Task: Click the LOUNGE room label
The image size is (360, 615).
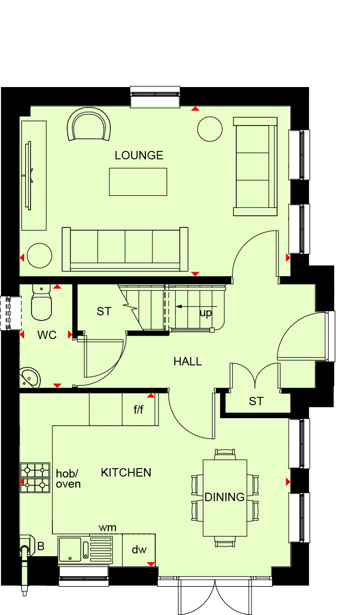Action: click(x=139, y=156)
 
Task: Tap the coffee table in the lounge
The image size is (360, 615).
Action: click(x=138, y=182)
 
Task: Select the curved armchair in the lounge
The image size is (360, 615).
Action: click(x=88, y=125)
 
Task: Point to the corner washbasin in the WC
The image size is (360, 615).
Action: click(x=29, y=378)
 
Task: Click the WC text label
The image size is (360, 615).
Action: click(x=47, y=335)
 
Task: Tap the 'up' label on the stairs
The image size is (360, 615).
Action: click(x=206, y=313)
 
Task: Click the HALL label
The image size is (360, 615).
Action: click(x=188, y=362)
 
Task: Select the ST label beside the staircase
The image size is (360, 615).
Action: click(x=104, y=312)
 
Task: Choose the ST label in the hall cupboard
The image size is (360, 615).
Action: click(x=256, y=402)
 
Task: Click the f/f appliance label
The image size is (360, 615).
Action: click(x=139, y=410)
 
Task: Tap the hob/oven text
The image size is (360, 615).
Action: click(x=68, y=479)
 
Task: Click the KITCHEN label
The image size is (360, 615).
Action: click(x=126, y=473)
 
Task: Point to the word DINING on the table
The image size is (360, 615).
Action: click(x=225, y=497)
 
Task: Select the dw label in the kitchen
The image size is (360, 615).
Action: click(x=139, y=550)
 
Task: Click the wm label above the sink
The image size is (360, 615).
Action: click(x=107, y=527)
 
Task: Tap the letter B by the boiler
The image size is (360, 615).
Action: click(x=41, y=546)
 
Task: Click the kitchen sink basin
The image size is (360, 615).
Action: click(x=69, y=550)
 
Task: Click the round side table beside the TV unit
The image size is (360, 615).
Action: click(x=39, y=256)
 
